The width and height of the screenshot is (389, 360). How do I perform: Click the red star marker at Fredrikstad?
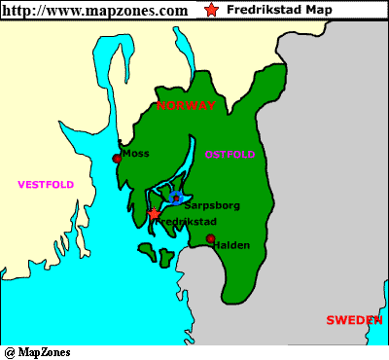click(154, 213)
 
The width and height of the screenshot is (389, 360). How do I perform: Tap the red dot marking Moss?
click(117, 158)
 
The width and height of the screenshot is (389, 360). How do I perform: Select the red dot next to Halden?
click(210, 238)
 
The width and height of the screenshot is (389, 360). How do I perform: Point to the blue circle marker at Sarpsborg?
click(175, 198)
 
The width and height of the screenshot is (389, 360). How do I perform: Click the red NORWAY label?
click(186, 105)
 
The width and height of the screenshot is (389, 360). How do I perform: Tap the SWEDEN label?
click(354, 319)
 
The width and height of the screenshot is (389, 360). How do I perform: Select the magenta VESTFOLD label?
click(46, 184)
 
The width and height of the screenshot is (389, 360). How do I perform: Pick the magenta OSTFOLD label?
click(230, 154)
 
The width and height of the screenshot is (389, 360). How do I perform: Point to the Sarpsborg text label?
click(211, 206)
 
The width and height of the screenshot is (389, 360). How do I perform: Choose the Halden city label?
click(232, 245)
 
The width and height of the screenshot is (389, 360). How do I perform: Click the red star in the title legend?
click(212, 10)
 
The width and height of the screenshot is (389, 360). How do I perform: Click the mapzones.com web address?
click(95, 11)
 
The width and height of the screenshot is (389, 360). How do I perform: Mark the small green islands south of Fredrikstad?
click(156, 255)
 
